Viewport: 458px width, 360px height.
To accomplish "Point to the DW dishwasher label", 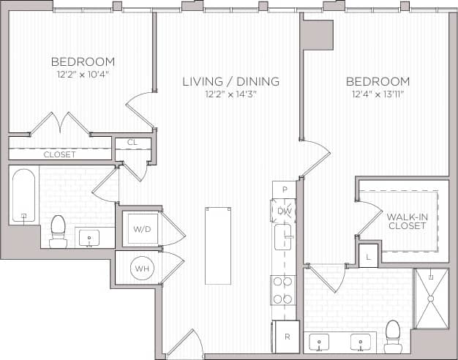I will tap(285, 211).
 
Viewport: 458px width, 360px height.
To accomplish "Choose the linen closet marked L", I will tap(367, 255).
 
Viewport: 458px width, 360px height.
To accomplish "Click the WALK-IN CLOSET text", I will tap(407, 220).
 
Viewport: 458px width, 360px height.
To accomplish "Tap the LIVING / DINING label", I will tap(230, 81).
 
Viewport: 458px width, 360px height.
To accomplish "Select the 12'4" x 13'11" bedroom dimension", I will tap(378, 94).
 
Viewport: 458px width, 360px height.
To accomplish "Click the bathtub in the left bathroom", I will tap(24, 196).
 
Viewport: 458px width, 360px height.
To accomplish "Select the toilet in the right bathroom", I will tap(393, 336).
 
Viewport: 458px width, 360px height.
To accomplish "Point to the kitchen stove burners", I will tap(282, 289).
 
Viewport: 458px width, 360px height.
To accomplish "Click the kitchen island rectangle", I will tap(217, 244).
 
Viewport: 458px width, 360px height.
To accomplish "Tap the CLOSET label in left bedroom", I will tap(59, 154).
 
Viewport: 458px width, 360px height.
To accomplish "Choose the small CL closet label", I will tap(133, 142).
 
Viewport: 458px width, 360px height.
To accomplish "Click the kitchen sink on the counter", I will tap(283, 237).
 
